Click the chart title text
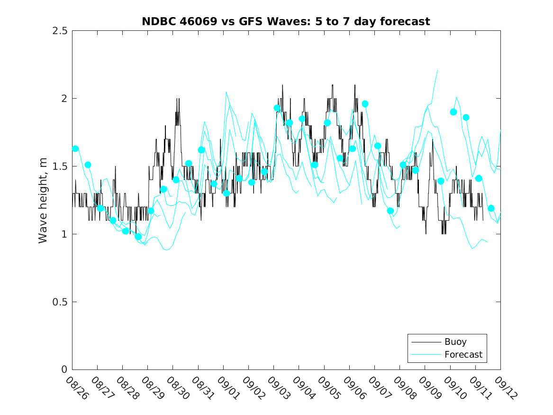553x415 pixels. [x=286, y=21]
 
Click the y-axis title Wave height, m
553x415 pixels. [x=43, y=200]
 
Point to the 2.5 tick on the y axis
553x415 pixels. [x=62, y=31]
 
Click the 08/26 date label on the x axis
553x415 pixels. [x=77, y=388]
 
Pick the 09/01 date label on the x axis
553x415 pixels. [x=228, y=388]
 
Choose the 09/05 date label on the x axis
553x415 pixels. [x=329, y=388]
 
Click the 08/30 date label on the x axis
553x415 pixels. [x=178, y=388]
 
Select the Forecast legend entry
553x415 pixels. [x=463, y=354]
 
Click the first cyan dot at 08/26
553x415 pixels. [x=75, y=148]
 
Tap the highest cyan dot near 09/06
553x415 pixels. [x=365, y=104]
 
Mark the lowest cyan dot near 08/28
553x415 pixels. [x=138, y=236]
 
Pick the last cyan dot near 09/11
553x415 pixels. [x=491, y=208]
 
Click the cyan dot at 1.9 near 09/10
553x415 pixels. [x=453, y=112]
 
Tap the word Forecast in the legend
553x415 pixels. [x=463, y=354]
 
